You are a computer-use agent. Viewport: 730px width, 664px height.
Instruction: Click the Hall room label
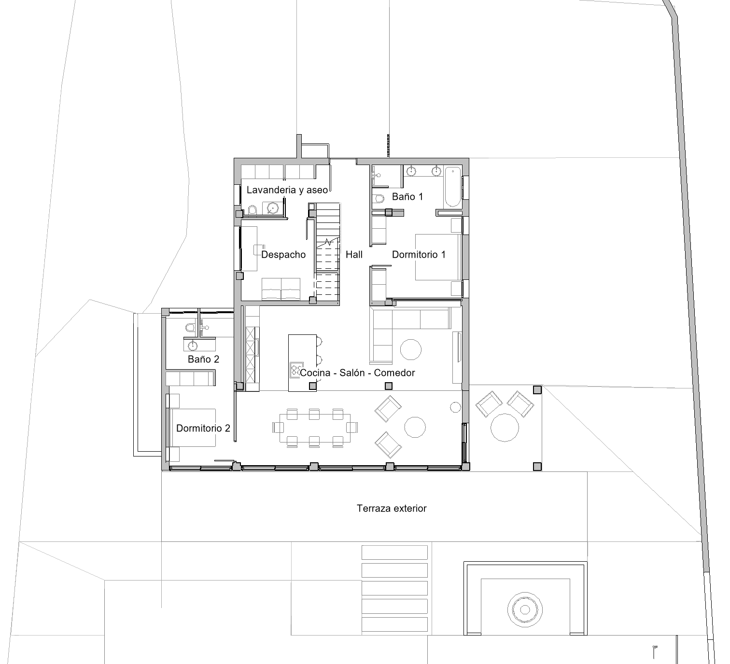(354, 255)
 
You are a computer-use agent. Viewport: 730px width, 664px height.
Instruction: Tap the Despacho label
(283, 255)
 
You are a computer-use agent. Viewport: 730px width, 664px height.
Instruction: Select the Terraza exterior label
(392, 508)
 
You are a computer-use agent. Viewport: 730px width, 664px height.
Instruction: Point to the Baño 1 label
(407, 197)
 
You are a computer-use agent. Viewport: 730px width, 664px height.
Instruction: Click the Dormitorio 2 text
(203, 428)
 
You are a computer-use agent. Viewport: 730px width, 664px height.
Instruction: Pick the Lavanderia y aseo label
(287, 190)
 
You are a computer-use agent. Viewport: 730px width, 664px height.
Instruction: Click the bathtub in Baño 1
(452, 187)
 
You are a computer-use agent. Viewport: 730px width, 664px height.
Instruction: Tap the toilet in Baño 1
(379, 199)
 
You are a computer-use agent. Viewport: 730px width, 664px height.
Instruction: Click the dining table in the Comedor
(315, 428)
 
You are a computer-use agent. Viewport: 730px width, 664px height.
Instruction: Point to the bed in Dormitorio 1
(438, 257)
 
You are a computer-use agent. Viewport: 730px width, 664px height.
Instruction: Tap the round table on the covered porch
(505, 428)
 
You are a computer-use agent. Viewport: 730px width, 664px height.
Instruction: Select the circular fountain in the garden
(525, 609)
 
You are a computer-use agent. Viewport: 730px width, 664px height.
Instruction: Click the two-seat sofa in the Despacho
(281, 289)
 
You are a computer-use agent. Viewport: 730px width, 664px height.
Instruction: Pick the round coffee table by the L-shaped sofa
(411, 349)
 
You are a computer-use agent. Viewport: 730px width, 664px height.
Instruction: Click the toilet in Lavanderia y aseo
(252, 210)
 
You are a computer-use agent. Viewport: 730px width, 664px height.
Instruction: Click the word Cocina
(315, 373)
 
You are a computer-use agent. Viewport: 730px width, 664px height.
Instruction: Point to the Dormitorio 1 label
(419, 255)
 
